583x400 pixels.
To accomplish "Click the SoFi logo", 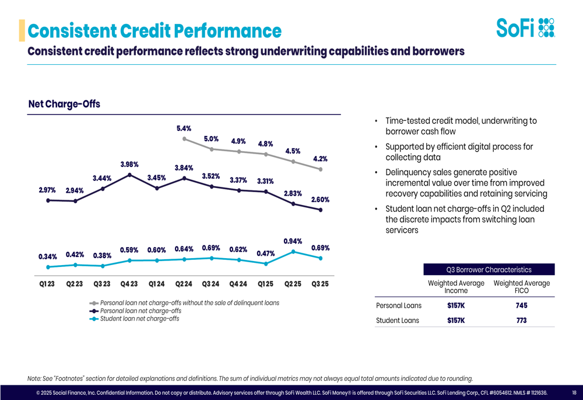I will pyautogui.click(x=525, y=27).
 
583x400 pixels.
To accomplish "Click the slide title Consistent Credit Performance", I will pyautogui.click(x=154, y=30).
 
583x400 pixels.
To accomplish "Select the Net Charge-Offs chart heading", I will pyautogui.click(x=64, y=104).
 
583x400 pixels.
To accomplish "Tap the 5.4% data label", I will pyautogui.click(x=184, y=128).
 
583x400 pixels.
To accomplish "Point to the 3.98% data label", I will pyautogui.click(x=129, y=164).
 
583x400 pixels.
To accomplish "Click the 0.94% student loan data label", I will pyautogui.click(x=293, y=241).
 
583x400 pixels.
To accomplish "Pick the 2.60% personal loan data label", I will pyautogui.click(x=320, y=200).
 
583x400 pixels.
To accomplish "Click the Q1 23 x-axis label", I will pyautogui.click(x=47, y=284).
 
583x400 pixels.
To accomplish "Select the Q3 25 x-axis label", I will pyautogui.click(x=320, y=284).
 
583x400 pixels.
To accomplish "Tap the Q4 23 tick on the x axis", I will pyautogui.click(x=129, y=284).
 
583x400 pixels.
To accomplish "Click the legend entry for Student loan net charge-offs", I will pyautogui.click(x=139, y=319).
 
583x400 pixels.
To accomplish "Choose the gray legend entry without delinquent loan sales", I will pyautogui.click(x=189, y=303).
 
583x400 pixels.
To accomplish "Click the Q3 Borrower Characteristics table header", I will pyautogui.click(x=489, y=270).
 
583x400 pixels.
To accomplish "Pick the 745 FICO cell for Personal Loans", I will pyautogui.click(x=521, y=305).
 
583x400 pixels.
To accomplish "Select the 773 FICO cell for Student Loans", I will pyautogui.click(x=521, y=320).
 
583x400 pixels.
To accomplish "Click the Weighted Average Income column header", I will pyautogui.click(x=456, y=287).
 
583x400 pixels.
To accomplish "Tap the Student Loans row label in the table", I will pyautogui.click(x=398, y=320).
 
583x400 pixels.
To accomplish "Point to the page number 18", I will pyautogui.click(x=574, y=393).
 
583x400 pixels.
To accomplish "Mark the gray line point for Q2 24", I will pyautogui.click(x=184, y=139).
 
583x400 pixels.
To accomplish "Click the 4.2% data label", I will pyautogui.click(x=320, y=158).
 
